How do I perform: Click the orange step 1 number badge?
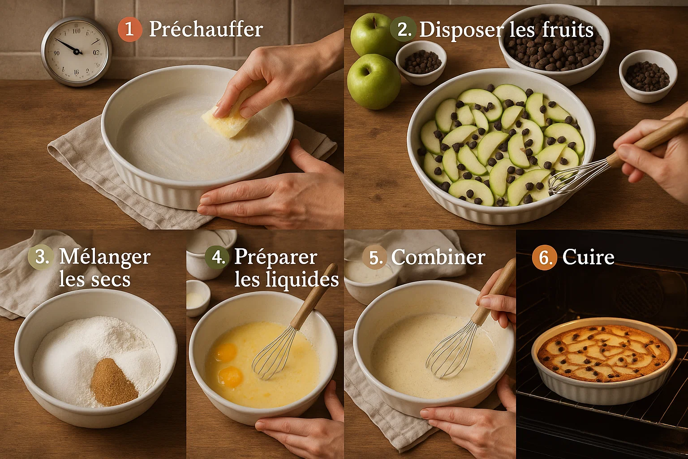pos(129,30)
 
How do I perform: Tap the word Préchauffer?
pos(206,30)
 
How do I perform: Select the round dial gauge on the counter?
pos(76,51)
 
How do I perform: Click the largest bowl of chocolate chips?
pos(554,43)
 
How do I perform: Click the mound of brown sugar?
pos(113,383)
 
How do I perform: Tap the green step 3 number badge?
pos(41,257)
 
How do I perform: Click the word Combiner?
pos(438,257)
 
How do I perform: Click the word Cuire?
pos(588,257)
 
